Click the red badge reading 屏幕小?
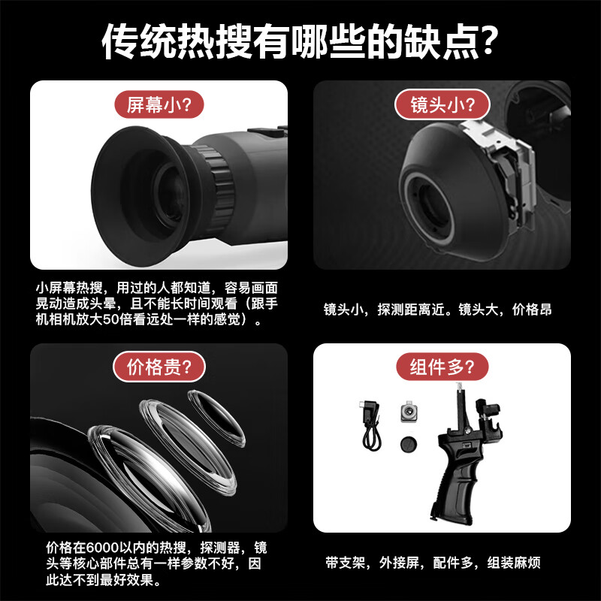(159, 104)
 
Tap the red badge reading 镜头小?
(442, 104)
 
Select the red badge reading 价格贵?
(159, 367)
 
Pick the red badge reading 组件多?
(442, 367)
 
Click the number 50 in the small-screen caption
(110, 319)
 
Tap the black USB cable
(370, 425)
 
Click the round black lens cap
(409, 444)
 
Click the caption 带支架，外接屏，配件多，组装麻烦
(433, 563)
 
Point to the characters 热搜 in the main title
(196, 41)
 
